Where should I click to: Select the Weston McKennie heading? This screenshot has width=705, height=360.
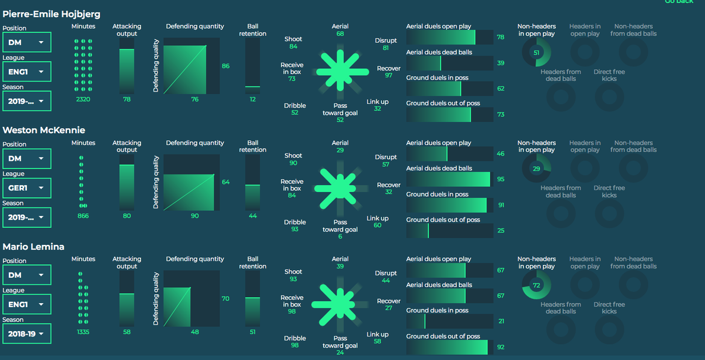44,130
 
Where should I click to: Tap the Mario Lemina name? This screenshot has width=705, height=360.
33,247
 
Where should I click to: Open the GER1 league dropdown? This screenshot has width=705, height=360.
26,188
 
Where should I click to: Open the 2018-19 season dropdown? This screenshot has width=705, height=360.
26,334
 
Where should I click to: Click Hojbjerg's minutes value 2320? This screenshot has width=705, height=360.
83,100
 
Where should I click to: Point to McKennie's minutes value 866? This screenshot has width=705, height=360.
83,216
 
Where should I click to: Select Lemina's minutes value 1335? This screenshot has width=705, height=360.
83,332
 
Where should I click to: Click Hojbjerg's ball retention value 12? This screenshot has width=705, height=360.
253,100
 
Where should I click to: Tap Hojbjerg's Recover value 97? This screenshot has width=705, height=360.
388,76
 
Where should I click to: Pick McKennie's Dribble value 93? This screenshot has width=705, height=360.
295,229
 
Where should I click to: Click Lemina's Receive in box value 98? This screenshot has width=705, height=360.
292,311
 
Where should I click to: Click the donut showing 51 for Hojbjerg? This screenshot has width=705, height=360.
536,53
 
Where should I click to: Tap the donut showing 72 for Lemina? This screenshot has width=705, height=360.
536,285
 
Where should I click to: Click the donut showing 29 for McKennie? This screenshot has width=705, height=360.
536,169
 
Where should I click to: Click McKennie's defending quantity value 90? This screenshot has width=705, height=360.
194,216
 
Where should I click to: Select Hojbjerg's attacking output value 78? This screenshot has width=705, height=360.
126,100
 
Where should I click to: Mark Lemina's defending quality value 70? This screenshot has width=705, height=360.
225,299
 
